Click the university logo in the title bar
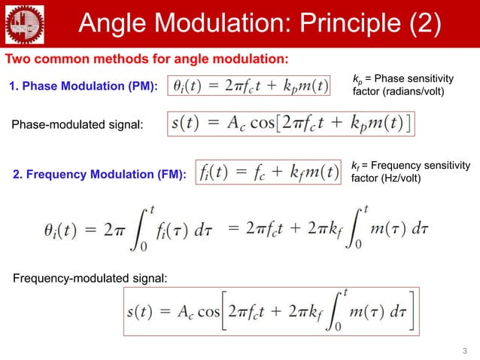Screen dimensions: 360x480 coord(24,24)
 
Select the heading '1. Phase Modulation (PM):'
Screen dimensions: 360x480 coord(83,88)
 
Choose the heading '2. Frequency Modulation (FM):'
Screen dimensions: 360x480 coord(99,175)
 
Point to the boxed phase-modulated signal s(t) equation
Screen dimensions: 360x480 coord(290,125)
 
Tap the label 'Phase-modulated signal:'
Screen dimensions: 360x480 coord(77,124)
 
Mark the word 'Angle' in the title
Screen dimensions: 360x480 coord(111,24)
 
